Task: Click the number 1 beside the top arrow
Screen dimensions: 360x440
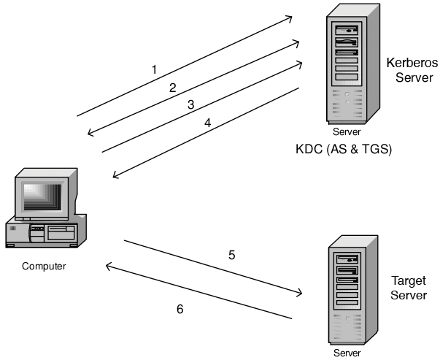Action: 155,70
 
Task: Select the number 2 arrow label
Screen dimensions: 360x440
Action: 173,88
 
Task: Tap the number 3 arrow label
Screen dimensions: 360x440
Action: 190,104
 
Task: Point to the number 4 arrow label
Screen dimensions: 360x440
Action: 207,123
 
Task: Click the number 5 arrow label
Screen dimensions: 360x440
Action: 231,256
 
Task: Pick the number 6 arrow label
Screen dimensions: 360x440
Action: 180,309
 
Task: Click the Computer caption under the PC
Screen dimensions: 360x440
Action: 44,266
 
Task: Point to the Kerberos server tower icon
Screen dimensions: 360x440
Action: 347,69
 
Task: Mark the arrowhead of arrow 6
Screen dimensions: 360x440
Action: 109,267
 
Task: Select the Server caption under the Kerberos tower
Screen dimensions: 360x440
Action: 347,133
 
